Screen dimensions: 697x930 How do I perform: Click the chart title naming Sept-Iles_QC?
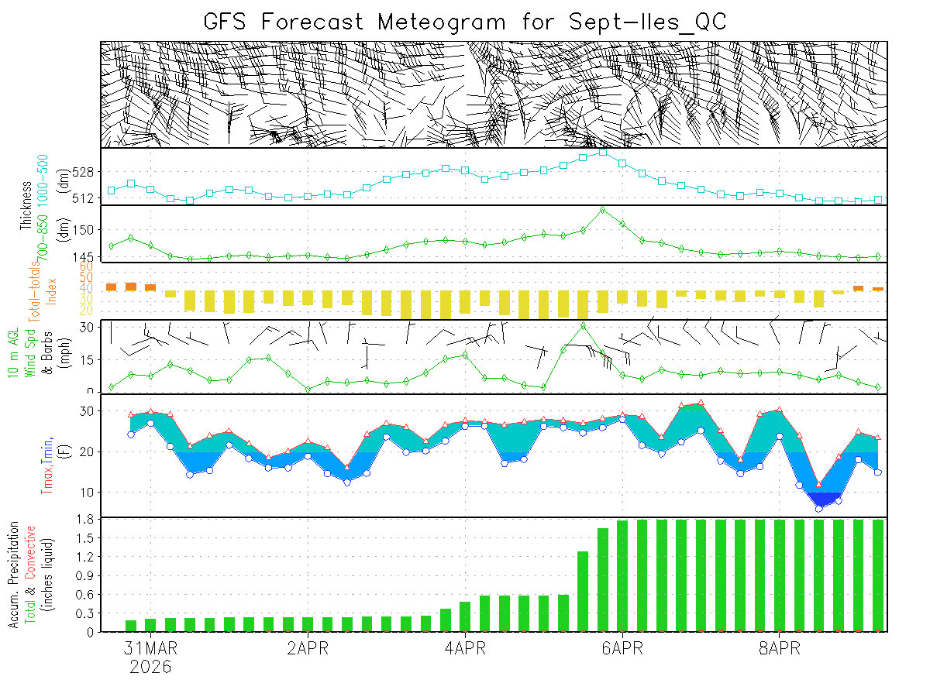[465, 21]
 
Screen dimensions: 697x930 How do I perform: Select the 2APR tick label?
[308, 648]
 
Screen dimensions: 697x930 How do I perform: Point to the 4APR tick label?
[465, 648]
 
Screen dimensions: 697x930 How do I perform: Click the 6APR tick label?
[622, 648]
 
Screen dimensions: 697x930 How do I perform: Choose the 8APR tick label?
[779, 648]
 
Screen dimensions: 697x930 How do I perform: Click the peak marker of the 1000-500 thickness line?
[603, 153]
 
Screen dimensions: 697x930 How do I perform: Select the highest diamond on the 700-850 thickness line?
[603, 210]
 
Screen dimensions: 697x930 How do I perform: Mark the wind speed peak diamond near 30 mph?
[584, 325]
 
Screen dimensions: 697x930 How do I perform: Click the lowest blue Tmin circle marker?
[818, 509]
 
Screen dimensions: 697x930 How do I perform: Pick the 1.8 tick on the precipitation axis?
[86, 520]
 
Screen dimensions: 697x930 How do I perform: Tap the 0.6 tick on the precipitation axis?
[86, 595]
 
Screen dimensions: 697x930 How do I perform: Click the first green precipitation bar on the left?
[131, 626]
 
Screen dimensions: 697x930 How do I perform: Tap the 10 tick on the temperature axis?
[88, 493]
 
